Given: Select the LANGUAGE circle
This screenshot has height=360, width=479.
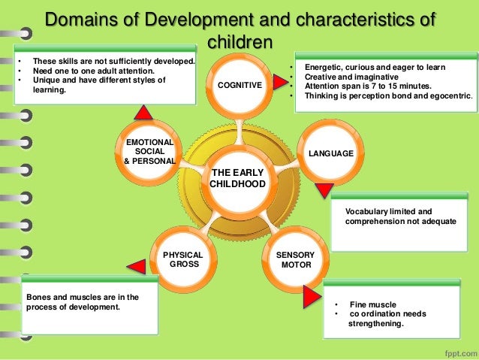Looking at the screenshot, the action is point(330,154).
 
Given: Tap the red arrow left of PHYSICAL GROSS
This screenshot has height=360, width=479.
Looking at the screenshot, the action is point(136,265).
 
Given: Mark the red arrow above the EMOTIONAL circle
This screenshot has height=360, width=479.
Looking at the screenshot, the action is point(143,111).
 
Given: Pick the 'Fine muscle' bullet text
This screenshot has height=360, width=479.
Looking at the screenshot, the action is point(373,304).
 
